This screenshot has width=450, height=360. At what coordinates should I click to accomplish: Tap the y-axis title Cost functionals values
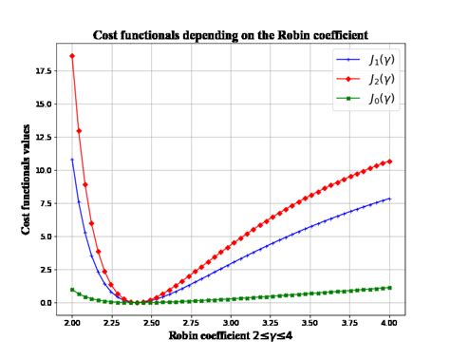(x=26, y=180)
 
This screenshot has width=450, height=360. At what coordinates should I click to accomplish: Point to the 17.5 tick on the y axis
(x=43, y=70)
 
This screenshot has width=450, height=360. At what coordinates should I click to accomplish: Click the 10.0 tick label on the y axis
(x=43, y=170)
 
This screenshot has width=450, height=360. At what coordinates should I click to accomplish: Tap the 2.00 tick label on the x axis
(x=71, y=322)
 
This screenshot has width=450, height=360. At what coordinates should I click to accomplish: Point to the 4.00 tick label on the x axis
(x=390, y=322)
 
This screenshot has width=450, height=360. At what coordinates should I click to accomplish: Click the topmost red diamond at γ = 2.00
(x=72, y=56)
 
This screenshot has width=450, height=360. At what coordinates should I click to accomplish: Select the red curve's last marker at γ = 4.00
(x=390, y=161)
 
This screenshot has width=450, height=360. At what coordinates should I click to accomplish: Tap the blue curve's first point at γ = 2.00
(x=72, y=160)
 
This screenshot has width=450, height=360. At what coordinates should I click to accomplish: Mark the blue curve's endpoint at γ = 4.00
(x=390, y=199)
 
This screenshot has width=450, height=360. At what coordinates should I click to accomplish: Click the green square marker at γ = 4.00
(x=390, y=287)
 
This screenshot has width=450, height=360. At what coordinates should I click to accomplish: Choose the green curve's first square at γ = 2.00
(x=72, y=290)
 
